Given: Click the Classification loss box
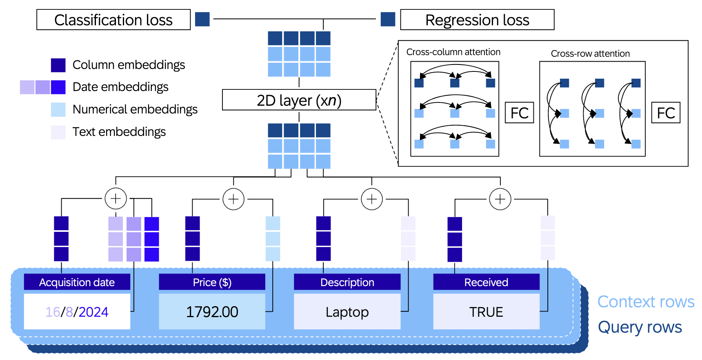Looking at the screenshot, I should (113, 20).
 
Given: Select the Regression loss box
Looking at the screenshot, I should (477, 20).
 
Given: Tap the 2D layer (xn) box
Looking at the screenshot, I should (299, 100).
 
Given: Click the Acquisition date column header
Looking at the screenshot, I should (77, 282).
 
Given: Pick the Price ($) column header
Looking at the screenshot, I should (212, 282).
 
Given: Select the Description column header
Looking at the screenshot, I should (347, 282).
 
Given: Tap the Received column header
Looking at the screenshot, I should (486, 282).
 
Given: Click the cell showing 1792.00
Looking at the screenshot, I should (212, 312).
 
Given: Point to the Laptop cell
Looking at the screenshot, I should (347, 312).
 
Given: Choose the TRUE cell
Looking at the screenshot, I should (486, 312).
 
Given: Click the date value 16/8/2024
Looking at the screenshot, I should (77, 312).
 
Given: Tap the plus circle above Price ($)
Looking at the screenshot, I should (233, 199).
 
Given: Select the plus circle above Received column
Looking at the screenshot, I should (500, 199).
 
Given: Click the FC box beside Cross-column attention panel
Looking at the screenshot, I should (519, 113).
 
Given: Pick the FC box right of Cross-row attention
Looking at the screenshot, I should (666, 113).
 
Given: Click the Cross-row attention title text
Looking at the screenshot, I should (590, 53).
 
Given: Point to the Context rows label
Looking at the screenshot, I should (646, 302).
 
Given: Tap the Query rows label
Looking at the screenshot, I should (640, 327).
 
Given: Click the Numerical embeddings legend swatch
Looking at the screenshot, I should (58, 110).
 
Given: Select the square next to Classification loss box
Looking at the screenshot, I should (202, 19).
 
